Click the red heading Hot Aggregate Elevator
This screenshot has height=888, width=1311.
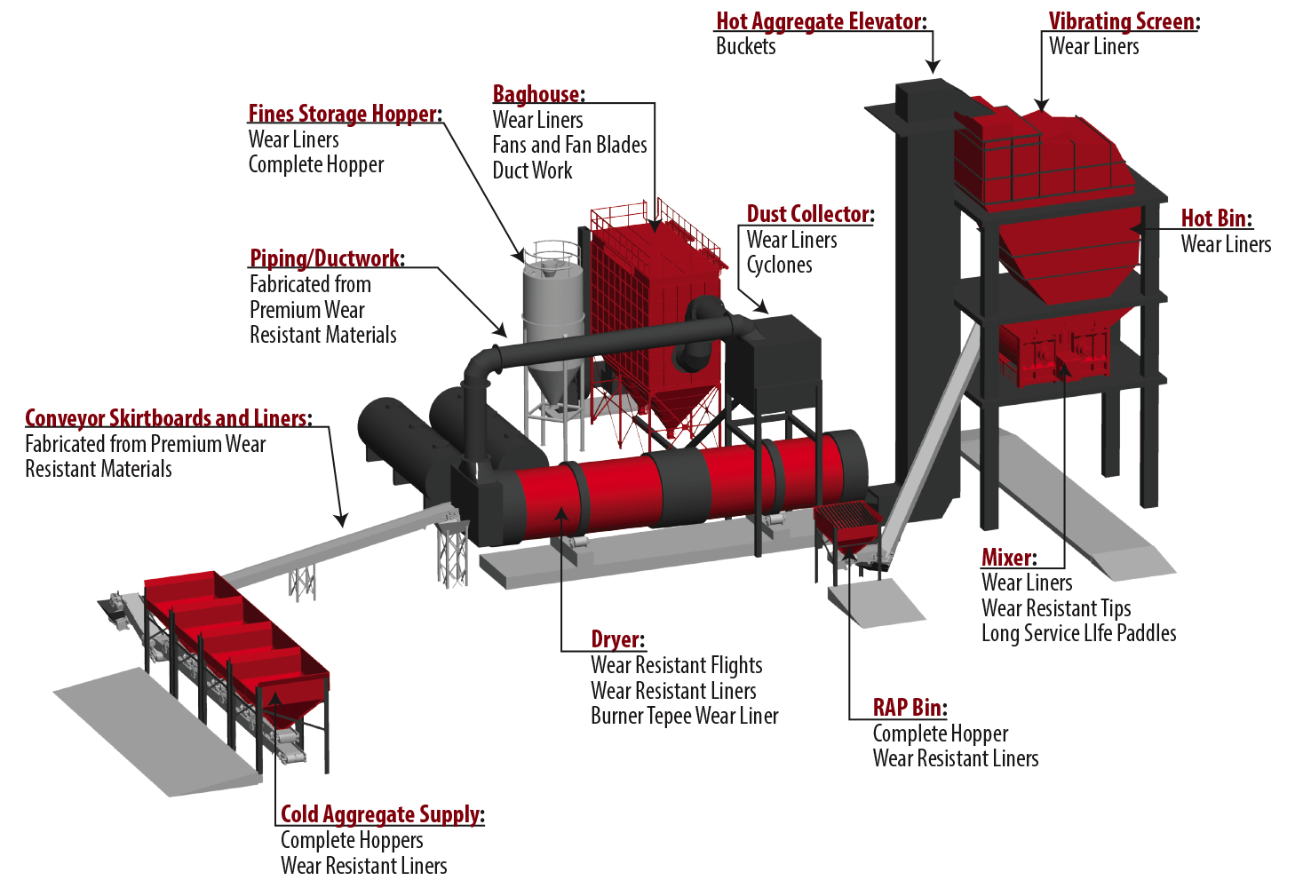click(x=819, y=21)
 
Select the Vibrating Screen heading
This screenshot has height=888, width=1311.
click(x=1122, y=21)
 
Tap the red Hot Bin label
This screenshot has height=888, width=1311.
click(x=1214, y=218)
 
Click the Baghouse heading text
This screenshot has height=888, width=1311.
click(x=536, y=94)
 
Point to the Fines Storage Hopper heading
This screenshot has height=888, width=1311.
click(x=343, y=114)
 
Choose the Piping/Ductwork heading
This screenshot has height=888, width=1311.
click(x=325, y=258)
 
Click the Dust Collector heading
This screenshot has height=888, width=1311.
click(x=808, y=214)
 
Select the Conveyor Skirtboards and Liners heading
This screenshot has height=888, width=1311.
click(x=166, y=417)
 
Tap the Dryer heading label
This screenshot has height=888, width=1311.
click(x=616, y=639)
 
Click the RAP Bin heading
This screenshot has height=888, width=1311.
click(x=907, y=708)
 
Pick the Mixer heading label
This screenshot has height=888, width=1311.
click(x=1006, y=558)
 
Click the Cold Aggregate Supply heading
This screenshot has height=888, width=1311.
click(x=380, y=814)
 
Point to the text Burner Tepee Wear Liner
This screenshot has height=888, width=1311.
click(x=684, y=716)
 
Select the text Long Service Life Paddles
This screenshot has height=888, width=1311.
click(x=1078, y=633)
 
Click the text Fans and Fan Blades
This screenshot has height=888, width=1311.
click(x=569, y=145)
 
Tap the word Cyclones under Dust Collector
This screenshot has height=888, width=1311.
click(x=779, y=265)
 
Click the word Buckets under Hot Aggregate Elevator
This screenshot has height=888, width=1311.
click(x=745, y=46)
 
